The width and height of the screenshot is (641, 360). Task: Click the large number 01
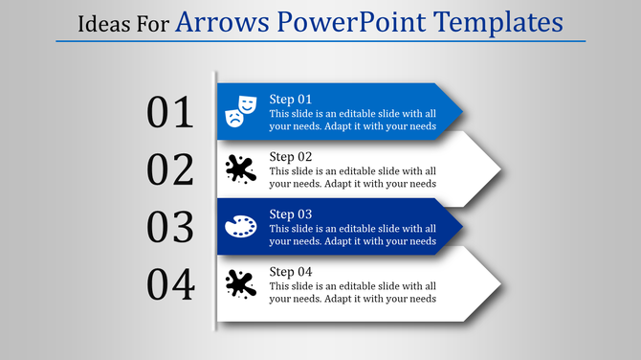(170, 113)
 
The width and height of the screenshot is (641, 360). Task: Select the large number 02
(170, 169)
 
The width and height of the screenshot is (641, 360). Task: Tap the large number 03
(170, 227)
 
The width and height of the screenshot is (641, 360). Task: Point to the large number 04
(170, 284)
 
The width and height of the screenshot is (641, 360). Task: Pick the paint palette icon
(240, 227)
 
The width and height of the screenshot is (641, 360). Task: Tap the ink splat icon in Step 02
(240, 169)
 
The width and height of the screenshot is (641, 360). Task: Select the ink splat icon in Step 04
(240, 284)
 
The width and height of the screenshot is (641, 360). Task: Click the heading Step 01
(291, 100)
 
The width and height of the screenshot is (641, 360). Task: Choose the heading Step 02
(291, 157)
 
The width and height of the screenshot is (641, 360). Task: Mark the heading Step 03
(291, 214)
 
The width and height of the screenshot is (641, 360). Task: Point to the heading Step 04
(291, 272)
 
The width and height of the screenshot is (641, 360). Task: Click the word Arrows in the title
(218, 20)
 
